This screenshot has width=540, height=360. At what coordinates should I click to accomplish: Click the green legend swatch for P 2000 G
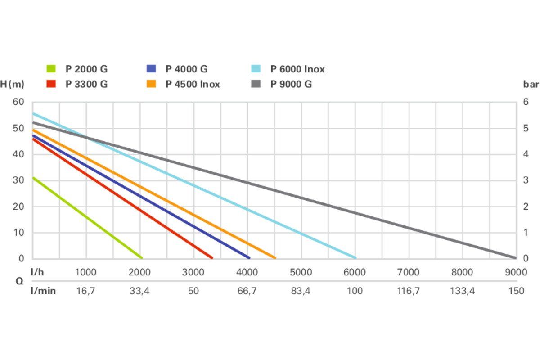pos(51,69)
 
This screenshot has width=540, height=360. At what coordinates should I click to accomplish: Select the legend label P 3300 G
pos(86,84)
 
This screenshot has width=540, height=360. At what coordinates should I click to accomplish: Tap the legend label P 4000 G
pos(186,69)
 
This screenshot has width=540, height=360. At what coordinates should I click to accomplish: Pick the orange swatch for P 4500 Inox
pos(151,84)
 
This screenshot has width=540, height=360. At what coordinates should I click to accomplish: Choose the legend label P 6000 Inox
pos(297,69)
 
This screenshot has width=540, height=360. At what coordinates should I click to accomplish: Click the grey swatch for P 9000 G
pos(256,84)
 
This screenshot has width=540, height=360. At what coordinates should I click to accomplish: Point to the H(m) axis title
pos(12,84)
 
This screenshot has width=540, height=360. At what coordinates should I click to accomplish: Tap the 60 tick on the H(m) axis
pos(18,102)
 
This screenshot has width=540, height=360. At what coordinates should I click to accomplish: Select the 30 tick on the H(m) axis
pos(18,180)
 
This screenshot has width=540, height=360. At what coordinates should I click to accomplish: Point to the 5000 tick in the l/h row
pos(301,272)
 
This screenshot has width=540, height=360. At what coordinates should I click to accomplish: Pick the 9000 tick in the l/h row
pos(516,272)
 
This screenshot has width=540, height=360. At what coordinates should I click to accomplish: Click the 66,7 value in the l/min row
pos(247,291)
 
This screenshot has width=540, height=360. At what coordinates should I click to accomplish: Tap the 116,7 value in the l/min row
pos(408,291)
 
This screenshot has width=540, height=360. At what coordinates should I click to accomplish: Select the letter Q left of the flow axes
pos(20,282)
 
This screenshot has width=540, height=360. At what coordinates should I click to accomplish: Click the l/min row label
pos(43,291)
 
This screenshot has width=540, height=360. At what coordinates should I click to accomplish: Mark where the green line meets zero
pos(142,258)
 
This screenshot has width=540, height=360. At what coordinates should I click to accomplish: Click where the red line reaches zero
pos(211,258)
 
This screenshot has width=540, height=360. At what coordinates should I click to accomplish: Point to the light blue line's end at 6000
pos(355,258)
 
